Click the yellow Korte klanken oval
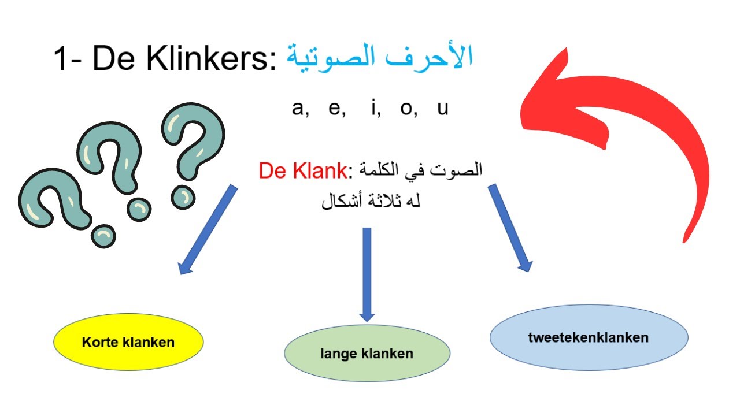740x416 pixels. [128, 342]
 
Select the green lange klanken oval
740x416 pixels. [367, 354]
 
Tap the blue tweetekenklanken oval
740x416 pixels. [589, 337]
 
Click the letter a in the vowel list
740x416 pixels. [299, 109]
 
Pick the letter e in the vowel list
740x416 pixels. [334, 109]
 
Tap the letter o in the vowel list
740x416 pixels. [406, 109]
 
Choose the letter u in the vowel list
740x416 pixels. [442, 109]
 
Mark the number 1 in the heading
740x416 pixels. [62, 59]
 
